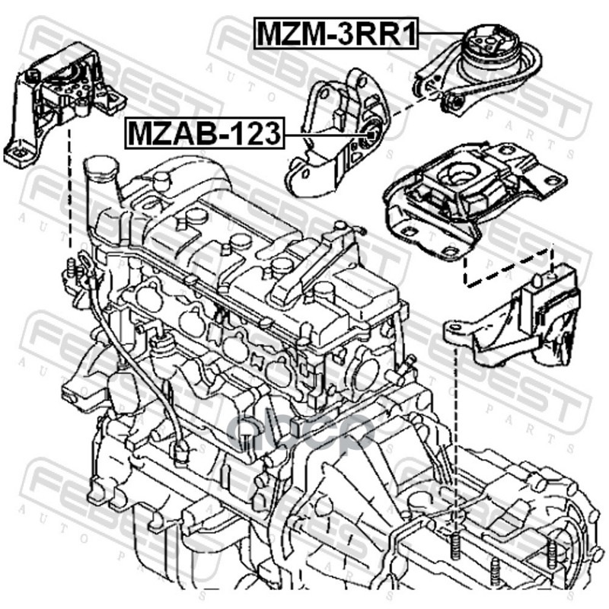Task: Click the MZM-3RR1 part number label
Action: pyautogui.click(x=335, y=34)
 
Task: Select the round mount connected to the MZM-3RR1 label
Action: pyautogui.click(x=483, y=53)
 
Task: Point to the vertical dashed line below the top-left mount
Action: pyautogui.click(x=69, y=198)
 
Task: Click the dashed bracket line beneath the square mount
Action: pyautogui.click(x=506, y=270)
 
